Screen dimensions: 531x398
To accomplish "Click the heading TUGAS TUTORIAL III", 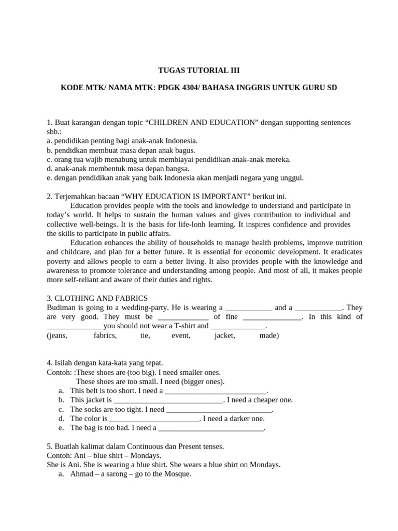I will (x=199, y=71).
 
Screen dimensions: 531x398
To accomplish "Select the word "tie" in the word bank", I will (x=145, y=336).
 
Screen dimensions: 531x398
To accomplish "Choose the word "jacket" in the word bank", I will (x=224, y=336).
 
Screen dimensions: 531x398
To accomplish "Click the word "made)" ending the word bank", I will (x=269, y=336).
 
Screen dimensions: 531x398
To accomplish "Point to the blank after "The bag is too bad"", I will (x=211, y=428).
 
